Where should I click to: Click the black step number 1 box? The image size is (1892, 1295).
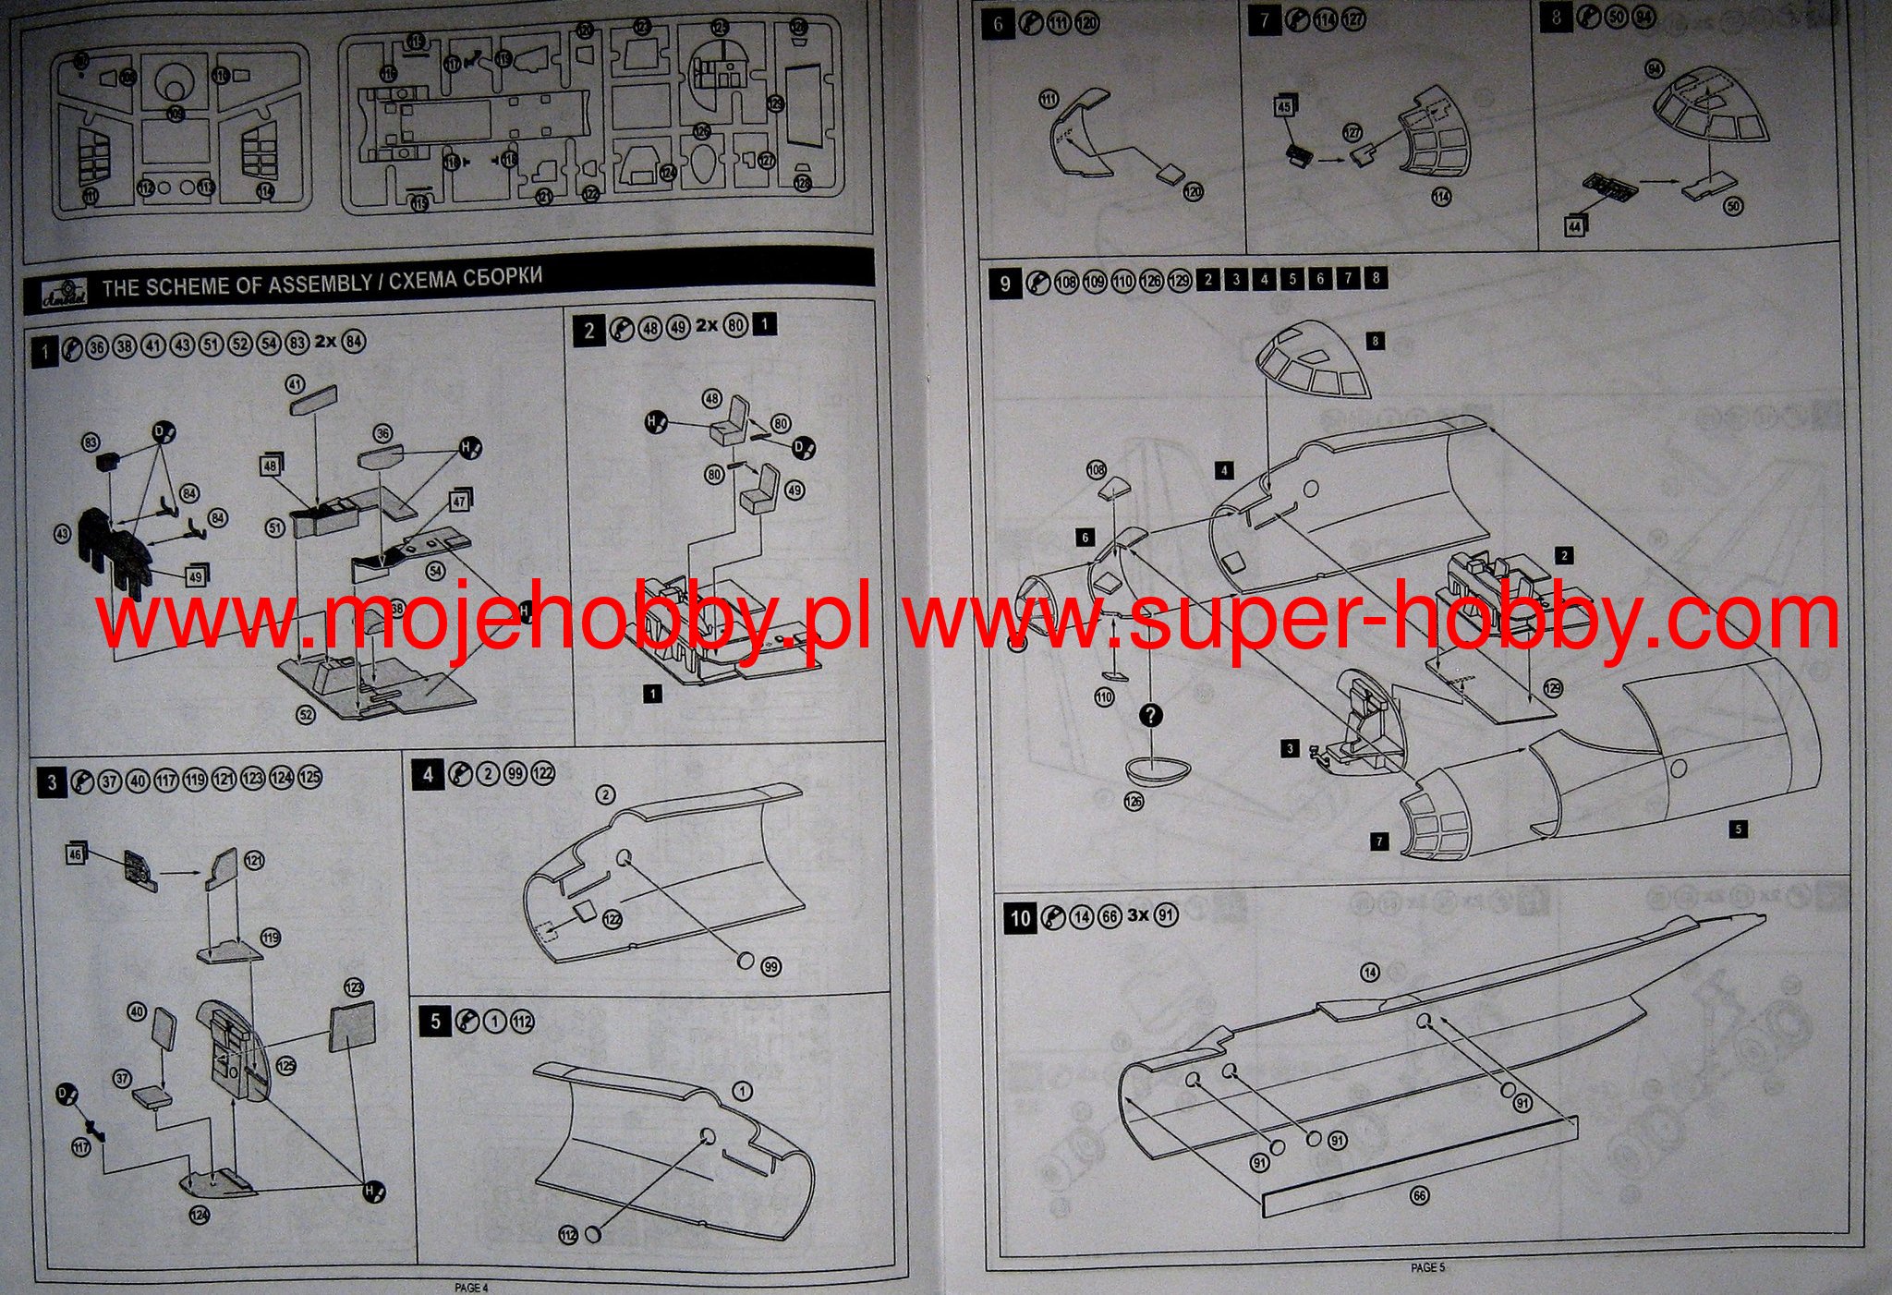(x=44, y=351)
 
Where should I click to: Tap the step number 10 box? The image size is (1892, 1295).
(x=1020, y=918)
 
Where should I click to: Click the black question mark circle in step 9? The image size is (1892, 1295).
(x=1151, y=716)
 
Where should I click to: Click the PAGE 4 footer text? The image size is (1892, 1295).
(x=471, y=1287)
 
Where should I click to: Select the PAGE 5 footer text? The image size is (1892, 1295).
(x=1427, y=1268)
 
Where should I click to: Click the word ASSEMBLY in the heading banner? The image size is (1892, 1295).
(x=320, y=284)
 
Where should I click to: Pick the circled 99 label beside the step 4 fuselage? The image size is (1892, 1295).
(x=770, y=967)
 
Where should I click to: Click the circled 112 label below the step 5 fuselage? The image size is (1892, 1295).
(x=569, y=1235)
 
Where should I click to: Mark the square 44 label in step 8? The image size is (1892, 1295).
(x=1574, y=224)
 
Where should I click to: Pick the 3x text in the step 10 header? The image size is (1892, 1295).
(x=1139, y=915)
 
